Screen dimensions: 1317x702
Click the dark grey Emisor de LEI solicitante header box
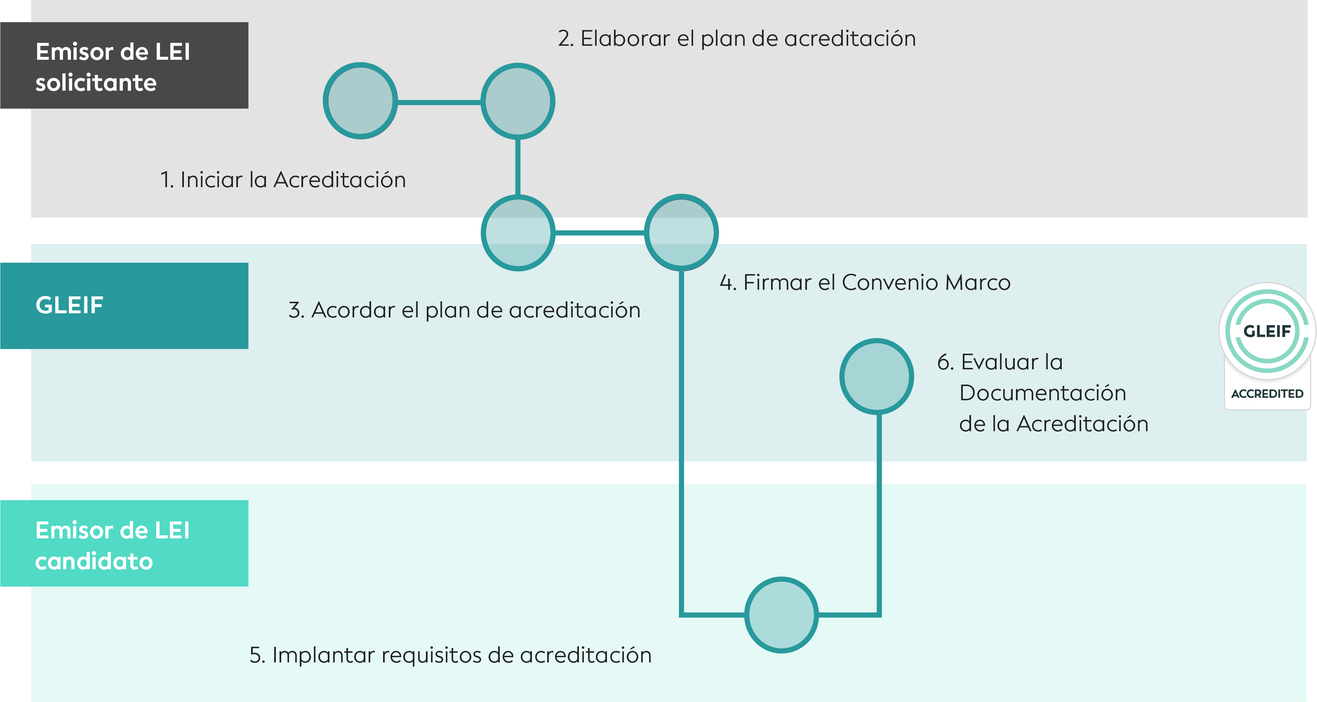pos(124,65)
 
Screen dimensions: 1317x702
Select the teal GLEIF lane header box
pos(124,306)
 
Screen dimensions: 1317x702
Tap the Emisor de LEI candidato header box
pos(124,543)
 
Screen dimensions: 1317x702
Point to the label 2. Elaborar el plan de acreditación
pos(737,39)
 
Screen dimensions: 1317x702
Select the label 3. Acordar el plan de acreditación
pos(464,310)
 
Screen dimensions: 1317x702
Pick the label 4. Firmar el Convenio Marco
pos(865,283)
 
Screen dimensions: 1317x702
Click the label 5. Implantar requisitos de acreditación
pos(450,655)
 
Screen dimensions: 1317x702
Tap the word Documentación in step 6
pos(1043,393)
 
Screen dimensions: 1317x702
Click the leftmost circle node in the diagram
pos(360,101)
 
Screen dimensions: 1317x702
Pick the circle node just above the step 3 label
pos(518,232)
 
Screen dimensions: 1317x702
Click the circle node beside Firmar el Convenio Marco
pos(682,232)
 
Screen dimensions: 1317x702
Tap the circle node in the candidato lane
pos(782,615)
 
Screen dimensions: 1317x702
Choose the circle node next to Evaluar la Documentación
pos(877,376)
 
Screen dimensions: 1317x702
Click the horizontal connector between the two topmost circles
pos(439,102)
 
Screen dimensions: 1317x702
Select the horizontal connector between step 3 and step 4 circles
pos(600,232)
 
